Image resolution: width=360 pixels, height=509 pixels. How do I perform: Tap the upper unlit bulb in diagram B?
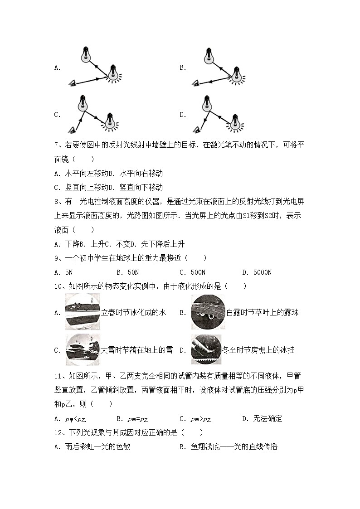coord(209,55)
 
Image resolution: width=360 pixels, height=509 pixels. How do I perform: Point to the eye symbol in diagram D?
coord(197,130)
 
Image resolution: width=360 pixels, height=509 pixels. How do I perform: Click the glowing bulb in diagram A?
coord(113,73)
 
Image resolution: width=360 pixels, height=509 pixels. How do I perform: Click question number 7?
coord(58,145)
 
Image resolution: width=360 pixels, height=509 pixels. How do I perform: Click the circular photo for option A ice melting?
coord(83,312)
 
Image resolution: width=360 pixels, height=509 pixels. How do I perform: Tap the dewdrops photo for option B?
coord(208,312)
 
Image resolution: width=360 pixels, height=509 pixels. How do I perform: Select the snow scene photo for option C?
coord(83,349)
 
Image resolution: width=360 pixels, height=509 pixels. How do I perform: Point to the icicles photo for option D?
coord(206,349)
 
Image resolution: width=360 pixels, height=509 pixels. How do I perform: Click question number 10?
coord(59,286)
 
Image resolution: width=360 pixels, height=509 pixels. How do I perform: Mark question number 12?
coord(59,433)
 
